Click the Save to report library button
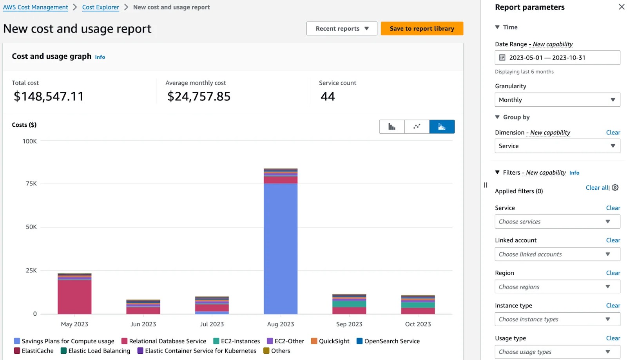click(422, 29)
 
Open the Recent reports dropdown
click(342, 29)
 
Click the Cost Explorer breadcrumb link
click(100, 7)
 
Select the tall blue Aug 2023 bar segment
click(280, 247)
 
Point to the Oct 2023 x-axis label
click(418, 324)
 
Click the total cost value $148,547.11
click(49, 96)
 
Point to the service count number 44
click(328, 96)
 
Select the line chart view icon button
click(417, 127)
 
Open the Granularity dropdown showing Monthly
click(557, 100)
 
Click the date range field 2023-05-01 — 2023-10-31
click(557, 58)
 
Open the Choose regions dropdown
click(557, 287)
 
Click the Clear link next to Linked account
click(613, 240)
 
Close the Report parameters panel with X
click(622, 7)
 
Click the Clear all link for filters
click(597, 188)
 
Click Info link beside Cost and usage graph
click(100, 57)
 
